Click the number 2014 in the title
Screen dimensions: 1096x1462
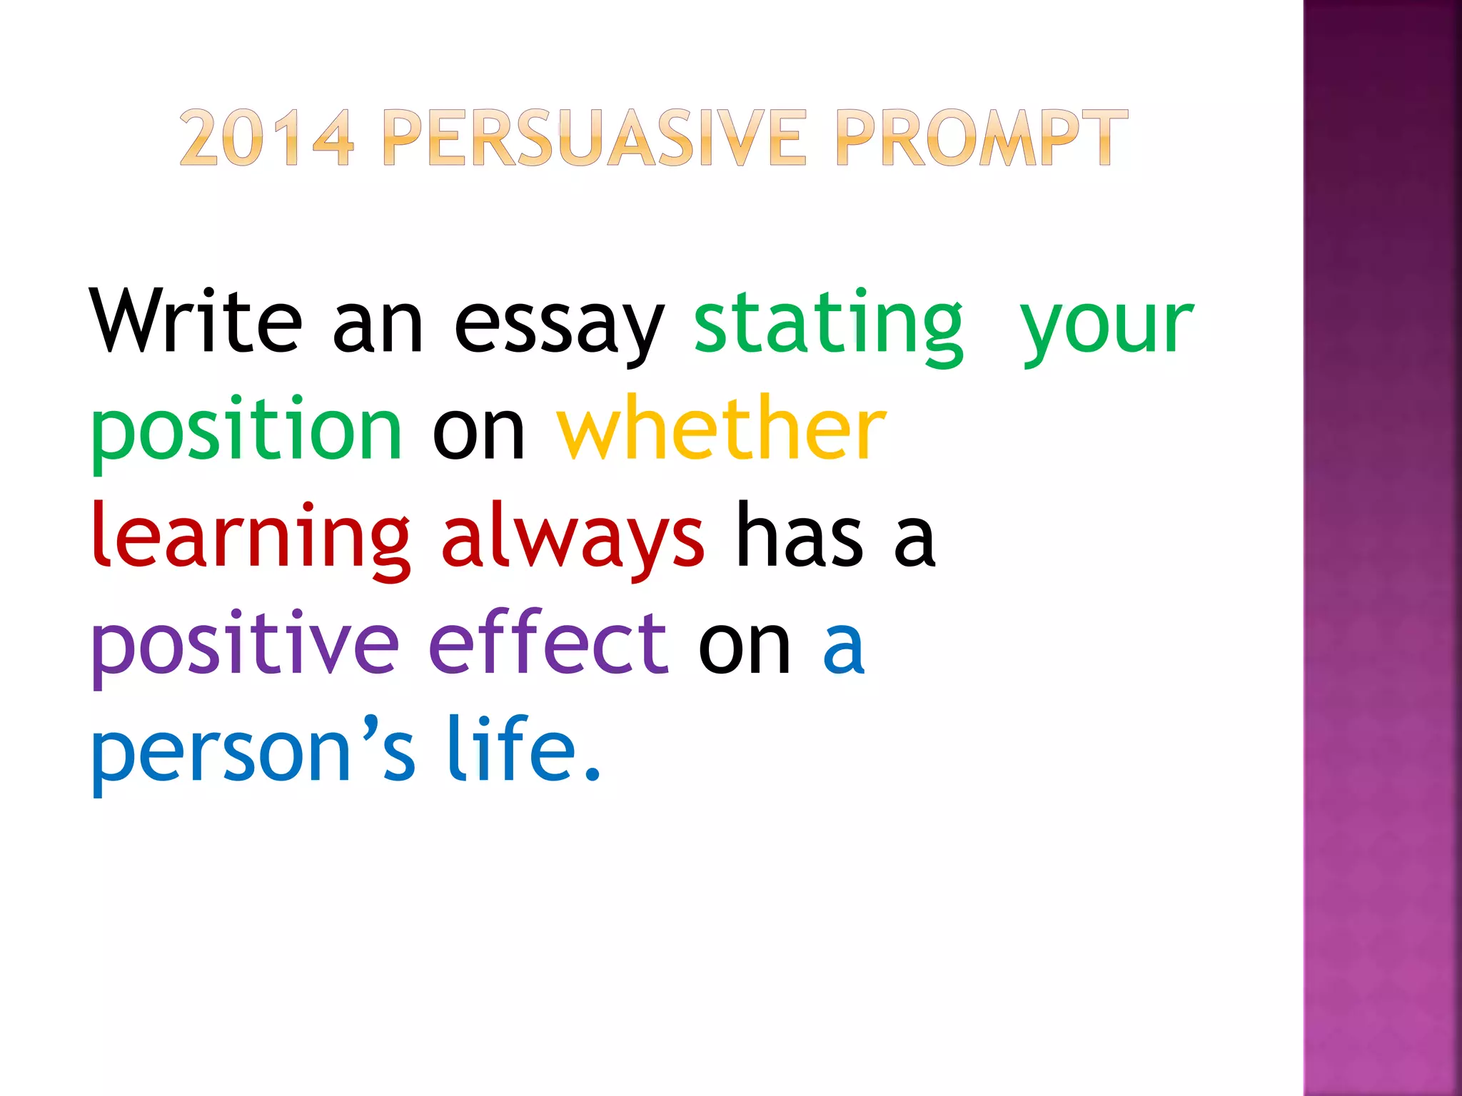point(266,138)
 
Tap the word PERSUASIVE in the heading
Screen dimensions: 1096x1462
point(594,138)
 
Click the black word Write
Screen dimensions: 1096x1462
point(196,321)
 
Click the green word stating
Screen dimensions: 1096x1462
point(828,325)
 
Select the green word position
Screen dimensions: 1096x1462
point(247,431)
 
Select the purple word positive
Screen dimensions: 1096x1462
point(245,644)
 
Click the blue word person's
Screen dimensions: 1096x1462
point(253,751)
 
